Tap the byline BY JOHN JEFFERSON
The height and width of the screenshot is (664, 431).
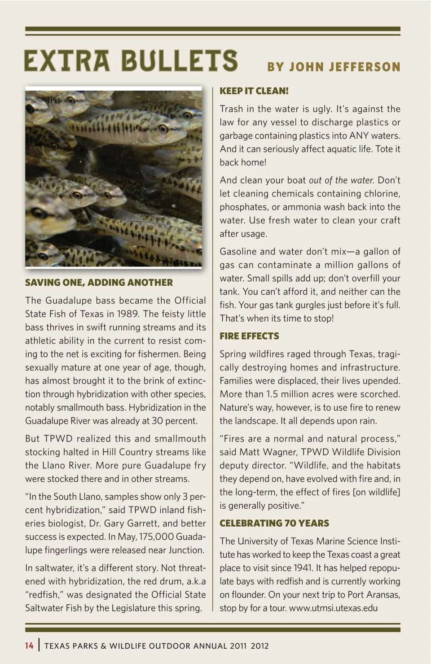pyautogui.click(x=334, y=67)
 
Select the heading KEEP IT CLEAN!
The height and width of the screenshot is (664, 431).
pyautogui.click(x=254, y=91)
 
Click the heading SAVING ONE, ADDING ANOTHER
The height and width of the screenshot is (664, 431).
pyautogui.click(x=99, y=283)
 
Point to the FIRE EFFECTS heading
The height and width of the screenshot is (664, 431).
pyautogui.click(x=249, y=336)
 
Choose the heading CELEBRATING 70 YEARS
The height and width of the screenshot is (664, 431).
pyautogui.click(x=274, y=523)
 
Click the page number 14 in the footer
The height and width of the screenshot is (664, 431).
pyautogui.click(x=29, y=646)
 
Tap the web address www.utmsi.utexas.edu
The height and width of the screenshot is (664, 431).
pyautogui.click(x=333, y=608)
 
